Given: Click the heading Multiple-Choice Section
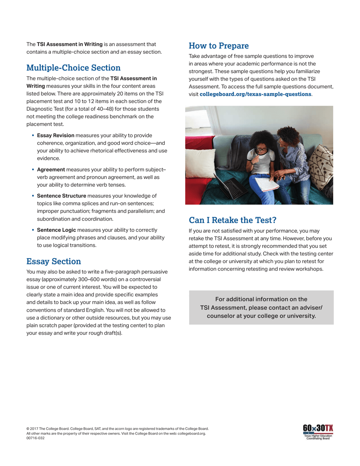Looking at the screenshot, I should click(73, 68).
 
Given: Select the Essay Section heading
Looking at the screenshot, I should click(53, 261).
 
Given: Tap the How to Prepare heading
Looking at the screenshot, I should click(219, 46).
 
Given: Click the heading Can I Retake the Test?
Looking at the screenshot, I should click(233, 220).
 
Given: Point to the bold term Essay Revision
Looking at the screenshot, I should click(56, 135).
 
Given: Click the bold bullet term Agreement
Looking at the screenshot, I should click(51, 169).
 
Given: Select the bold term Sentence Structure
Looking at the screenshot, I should click(61, 196).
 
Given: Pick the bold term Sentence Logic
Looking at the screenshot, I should click(56, 230).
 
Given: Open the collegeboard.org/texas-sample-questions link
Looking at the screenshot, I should click(255, 94).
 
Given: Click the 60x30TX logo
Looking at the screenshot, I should click(318, 428).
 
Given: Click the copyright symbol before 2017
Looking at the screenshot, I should click(28, 429).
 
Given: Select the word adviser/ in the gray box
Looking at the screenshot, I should click(310, 307).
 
